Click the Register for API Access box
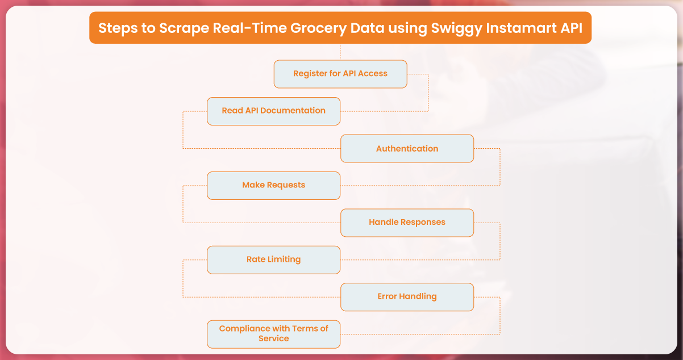point(340,74)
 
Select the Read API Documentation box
point(273,111)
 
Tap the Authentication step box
point(407,148)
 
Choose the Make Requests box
point(273,186)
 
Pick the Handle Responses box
point(407,223)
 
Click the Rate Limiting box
point(273,260)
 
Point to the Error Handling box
point(407,297)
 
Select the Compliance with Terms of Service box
point(273,334)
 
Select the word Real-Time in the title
point(249,28)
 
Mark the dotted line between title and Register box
point(340,52)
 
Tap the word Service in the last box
point(273,338)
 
